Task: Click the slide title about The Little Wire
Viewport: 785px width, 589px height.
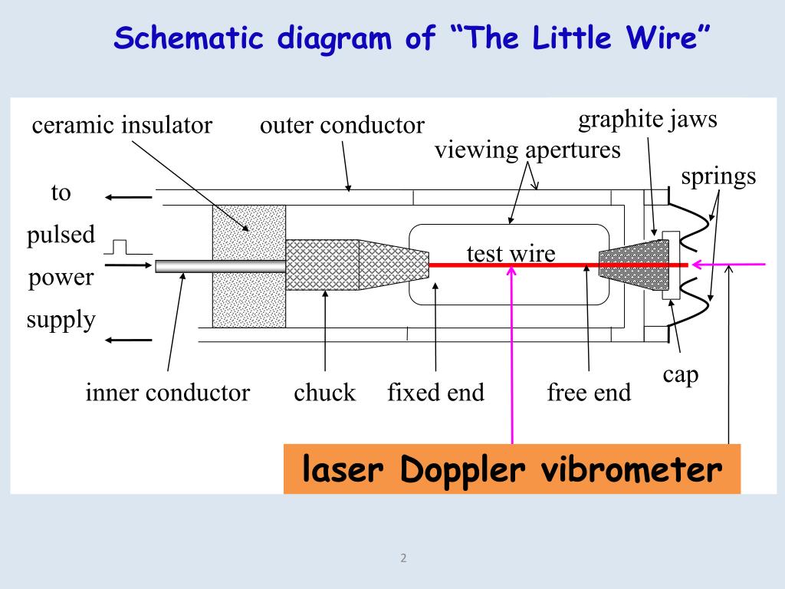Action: pyautogui.click(x=412, y=38)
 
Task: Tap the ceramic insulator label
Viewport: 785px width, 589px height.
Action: pyautogui.click(x=122, y=125)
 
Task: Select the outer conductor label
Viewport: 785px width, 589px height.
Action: pyautogui.click(x=342, y=125)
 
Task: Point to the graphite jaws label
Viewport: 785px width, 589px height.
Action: pyautogui.click(x=648, y=120)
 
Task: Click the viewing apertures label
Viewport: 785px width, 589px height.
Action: pyautogui.click(x=527, y=150)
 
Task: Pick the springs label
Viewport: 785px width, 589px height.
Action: pyautogui.click(x=718, y=176)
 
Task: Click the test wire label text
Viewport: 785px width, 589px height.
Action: pyautogui.click(x=511, y=253)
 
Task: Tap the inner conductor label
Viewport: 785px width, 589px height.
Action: pyautogui.click(x=168, y=393)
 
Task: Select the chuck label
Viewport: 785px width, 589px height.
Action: pyautogui.click(x=325, y=393)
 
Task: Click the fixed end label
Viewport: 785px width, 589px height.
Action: pyautogui.click(x=435, y=393)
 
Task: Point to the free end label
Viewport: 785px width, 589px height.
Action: pyautogui.click(x=589, y=393)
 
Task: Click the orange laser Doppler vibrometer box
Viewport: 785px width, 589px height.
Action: pyautogui.click(x=512, y=469)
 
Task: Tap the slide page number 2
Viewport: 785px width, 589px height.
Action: pyautogui.click(x=403, y=558)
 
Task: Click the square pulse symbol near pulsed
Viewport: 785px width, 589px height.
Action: pyautogui.click(x=119, y=247)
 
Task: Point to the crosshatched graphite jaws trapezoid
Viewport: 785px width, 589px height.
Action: pyautogui.click(x=633, y=265)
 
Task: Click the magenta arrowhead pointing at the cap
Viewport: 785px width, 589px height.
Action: pyautogui.click(x=697, y=265)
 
